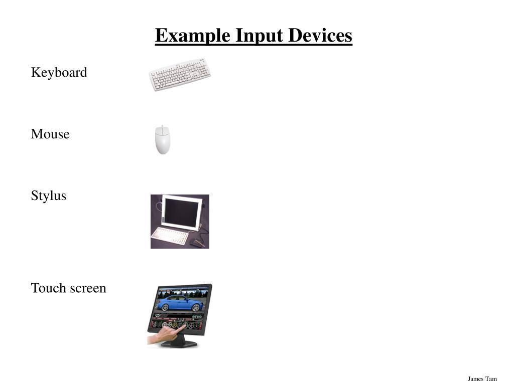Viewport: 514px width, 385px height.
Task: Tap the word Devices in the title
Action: [318, 36]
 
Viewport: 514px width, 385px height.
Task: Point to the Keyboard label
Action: [59, 73]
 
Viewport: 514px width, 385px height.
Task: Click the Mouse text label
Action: [50, 134]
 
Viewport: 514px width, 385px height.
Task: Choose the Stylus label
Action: [48, 196]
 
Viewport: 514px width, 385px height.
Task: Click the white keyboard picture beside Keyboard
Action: [180, 74]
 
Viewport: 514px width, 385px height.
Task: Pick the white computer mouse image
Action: [162, 141]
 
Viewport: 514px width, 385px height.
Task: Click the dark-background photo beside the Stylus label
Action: [180, 222]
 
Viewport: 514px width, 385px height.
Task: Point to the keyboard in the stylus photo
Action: [169, 236]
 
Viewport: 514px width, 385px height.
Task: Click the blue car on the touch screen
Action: [180, 302]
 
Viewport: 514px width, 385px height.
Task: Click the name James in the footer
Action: [475, 379]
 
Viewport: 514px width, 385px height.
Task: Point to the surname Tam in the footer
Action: [491, 379]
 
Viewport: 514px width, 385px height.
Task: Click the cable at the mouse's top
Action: [162, 126]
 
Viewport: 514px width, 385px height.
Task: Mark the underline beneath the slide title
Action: [253, 45]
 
